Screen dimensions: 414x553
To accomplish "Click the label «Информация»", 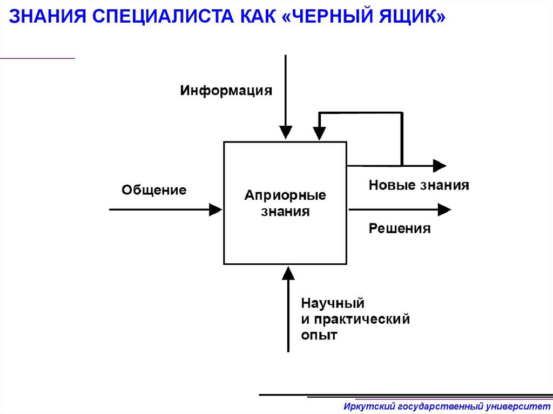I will [226, 90].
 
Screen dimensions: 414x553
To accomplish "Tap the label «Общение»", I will [154, 190].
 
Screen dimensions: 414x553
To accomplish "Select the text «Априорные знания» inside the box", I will [285, 203].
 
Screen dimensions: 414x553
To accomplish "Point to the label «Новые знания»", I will [419, 186].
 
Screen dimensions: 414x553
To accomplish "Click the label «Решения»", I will [400, 229].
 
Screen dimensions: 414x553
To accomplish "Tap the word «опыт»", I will [319, 335].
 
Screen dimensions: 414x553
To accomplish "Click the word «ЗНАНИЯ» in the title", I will [43, 17].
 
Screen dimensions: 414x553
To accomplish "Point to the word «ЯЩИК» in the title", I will [408, 17].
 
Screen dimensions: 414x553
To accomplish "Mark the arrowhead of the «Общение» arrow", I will [215, 209].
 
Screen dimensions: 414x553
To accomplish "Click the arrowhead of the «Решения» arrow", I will [445, 209].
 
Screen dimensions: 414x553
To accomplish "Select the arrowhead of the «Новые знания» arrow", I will [440, 165].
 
